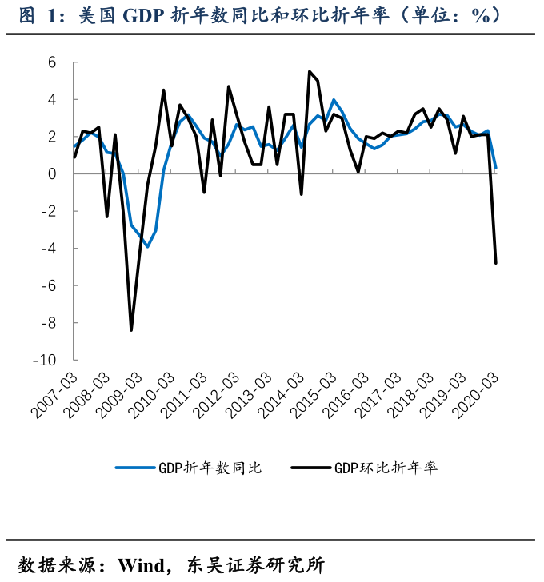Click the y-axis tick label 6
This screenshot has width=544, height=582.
52,62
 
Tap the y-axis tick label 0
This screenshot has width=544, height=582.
52,174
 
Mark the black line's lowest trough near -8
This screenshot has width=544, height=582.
131,330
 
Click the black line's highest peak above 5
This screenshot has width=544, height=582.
309,71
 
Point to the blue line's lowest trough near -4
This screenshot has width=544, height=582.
147,247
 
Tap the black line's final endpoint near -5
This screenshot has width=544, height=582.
496,263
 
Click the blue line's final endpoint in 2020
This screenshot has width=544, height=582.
496,168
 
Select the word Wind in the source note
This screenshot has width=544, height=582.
142,565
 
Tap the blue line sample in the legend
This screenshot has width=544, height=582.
134,468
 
